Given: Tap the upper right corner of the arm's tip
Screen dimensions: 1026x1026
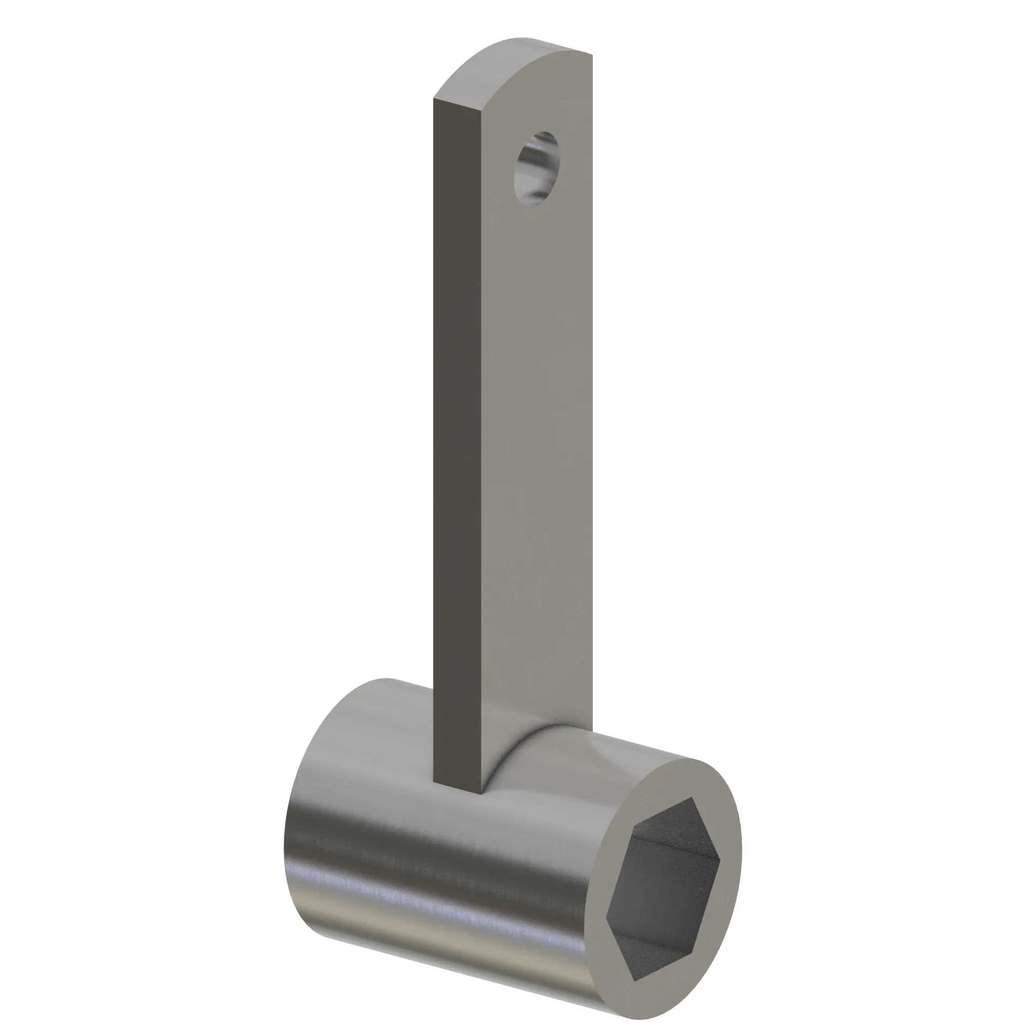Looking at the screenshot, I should pos(591,55).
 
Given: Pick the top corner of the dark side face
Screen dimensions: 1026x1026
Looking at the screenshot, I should pos(435,99).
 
